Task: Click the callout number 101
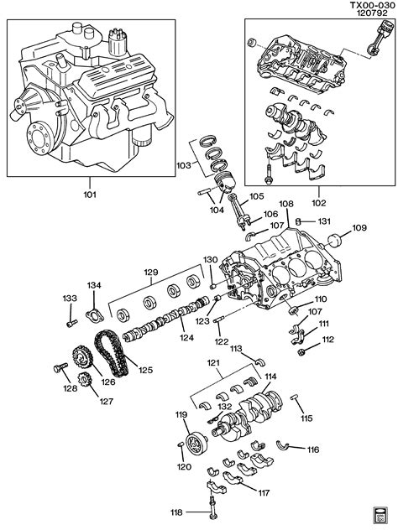click(x=90, y=195)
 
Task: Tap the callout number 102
click(x=319, y=203)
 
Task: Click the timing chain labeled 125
click(x=112, y=353)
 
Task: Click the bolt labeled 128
click(x=60, y=367)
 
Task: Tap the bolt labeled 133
click(x=71, y=324)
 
